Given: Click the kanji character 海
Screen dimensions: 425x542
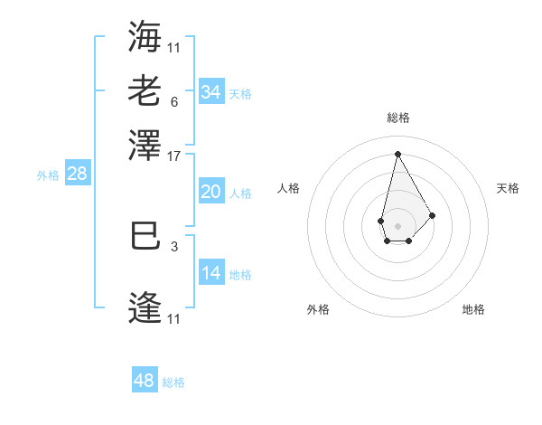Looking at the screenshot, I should pos(145,36).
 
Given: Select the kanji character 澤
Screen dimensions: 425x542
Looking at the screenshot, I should pos(145,144).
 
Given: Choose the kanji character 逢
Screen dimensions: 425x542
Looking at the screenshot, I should pos(145,308).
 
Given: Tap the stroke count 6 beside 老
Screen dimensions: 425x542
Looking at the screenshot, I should pos(173,101).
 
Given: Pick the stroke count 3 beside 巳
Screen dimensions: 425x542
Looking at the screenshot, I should pos(173,244).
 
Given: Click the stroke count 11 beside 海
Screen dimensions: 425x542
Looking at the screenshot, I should pos(173,47).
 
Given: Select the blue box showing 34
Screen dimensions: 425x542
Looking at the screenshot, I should pos(210,91).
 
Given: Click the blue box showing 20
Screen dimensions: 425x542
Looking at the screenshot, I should pos(210,192).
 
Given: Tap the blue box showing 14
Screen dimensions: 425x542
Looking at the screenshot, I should pos(210,273).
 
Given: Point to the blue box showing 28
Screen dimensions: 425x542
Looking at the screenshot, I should pos(77,174).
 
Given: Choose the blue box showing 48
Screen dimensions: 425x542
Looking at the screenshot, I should pos(145,381).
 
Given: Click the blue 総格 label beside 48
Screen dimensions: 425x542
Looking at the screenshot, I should pos(173,382).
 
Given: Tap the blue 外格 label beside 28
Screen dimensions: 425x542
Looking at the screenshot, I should pos(48,175).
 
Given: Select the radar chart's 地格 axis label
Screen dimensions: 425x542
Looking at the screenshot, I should pos(473,309).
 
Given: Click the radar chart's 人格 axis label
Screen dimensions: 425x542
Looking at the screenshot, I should pos(289,188).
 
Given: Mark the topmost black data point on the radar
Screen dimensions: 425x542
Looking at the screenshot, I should pos(397,153).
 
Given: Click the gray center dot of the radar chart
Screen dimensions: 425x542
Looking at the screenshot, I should pos(397,224).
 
